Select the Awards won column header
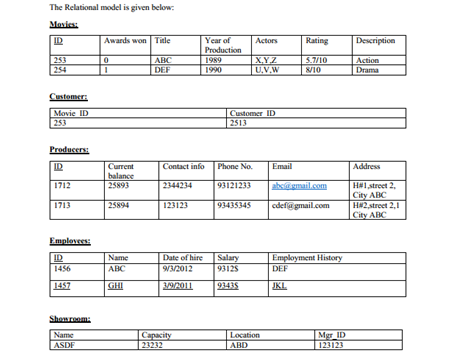coord(127,41)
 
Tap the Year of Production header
coord(215,45)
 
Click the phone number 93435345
coord(236,206)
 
